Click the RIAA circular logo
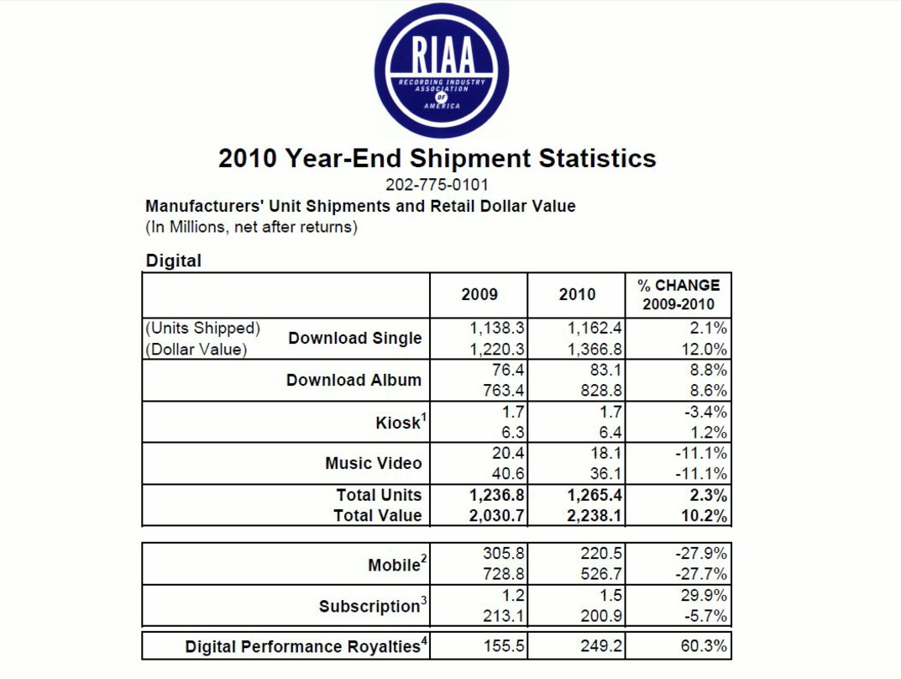pos(442,71)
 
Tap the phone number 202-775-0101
pos(437,185)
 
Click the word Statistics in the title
pos(597,158)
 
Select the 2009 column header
pos(479,294)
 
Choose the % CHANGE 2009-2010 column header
pos(678,294)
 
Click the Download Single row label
pos(355,338)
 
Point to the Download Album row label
pos(354,380)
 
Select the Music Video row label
pos(374,463)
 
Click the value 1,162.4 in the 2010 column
pos(595,329)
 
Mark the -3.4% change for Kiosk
pos(705,412)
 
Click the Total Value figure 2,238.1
pos(595,516)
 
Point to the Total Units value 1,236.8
pos(496,495)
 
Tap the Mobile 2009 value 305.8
pos(503,553)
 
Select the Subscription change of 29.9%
pos(704,595)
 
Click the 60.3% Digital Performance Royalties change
pos(704,645)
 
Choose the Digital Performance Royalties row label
pos(306,645)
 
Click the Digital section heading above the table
pos(174,261)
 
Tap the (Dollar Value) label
pos(196,350)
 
